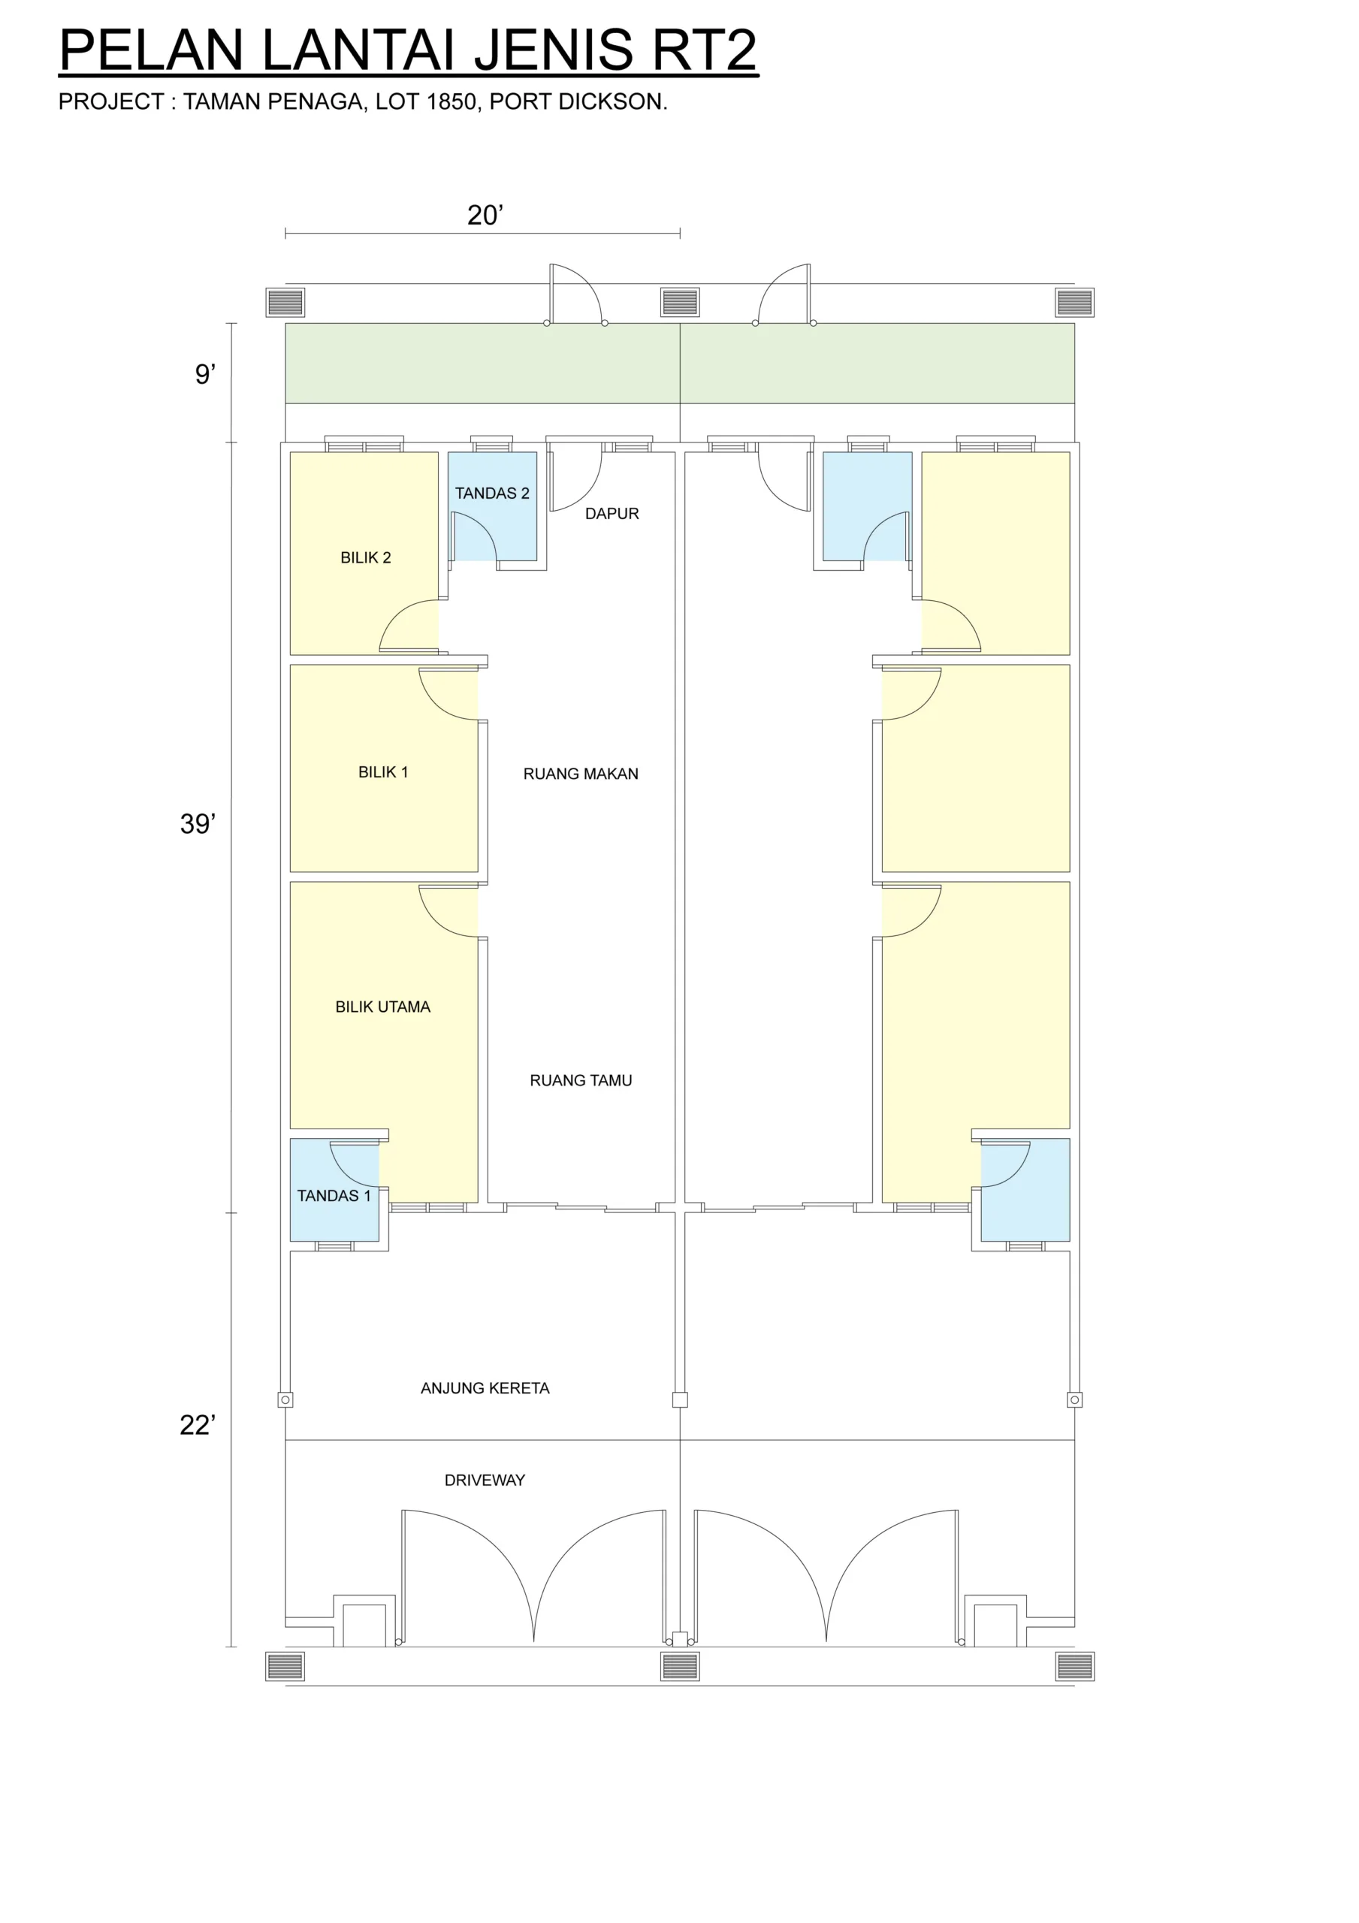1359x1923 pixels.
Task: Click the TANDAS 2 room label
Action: pos(492,494)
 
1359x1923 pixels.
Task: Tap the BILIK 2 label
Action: pos(365,558)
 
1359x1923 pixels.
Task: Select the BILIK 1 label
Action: pos(383,772)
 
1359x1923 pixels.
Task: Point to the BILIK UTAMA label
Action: pos(383,1007)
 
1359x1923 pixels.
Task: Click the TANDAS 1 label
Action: pos(334,1196)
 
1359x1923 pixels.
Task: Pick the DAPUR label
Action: pos(612,513)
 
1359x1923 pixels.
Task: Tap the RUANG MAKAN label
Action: pos(581,774)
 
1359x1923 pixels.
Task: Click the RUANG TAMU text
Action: pos(581,1080)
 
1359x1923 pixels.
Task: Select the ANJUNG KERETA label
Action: pos(485,1388)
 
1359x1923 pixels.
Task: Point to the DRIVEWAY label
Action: pos(485,1480)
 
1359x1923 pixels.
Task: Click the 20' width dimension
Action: pos(485,216)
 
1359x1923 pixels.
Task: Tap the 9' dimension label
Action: pos(205,373)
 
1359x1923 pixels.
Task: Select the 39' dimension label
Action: pos(198,824)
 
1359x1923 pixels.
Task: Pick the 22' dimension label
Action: pos(198,1425)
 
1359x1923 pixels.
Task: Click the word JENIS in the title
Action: pos(554,50)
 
